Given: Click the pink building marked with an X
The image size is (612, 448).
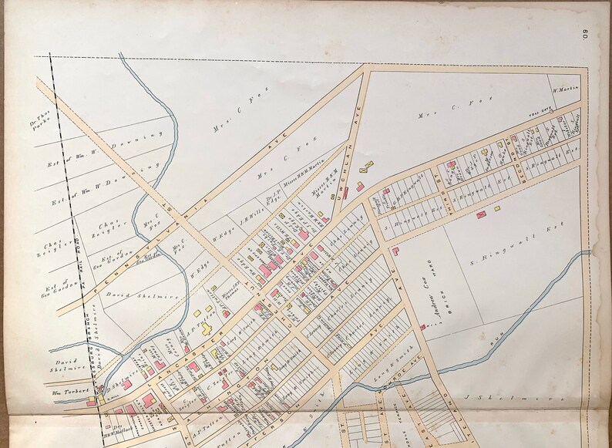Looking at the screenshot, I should tap(481, 213).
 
